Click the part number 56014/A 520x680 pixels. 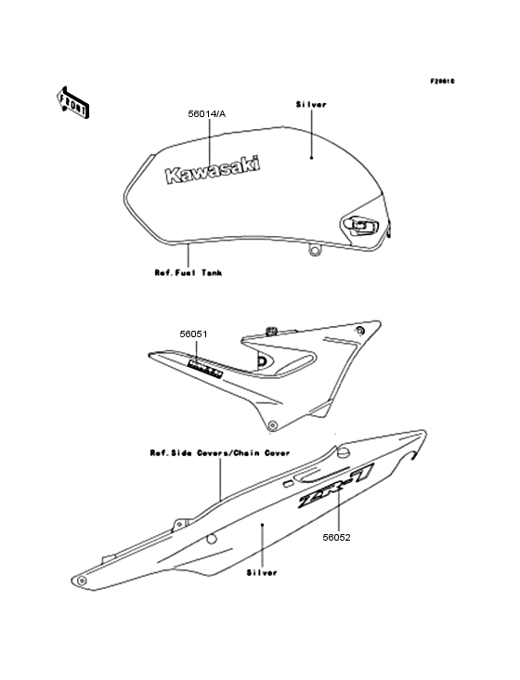(206, 113)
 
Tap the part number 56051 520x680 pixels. (195, 333)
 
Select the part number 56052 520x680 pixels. (337, 536)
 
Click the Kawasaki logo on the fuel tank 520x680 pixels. (213, 170)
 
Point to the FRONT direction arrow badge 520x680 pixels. (74, 102)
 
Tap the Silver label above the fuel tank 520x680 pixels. (311, 106)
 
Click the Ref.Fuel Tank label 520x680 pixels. (188, 273)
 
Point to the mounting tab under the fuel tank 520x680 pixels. (315, 249)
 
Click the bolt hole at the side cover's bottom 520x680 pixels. (271, 399)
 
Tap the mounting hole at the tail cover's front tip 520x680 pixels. (84, 581)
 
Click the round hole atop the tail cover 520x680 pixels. (342, 452)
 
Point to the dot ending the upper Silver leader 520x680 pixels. (312, 159)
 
